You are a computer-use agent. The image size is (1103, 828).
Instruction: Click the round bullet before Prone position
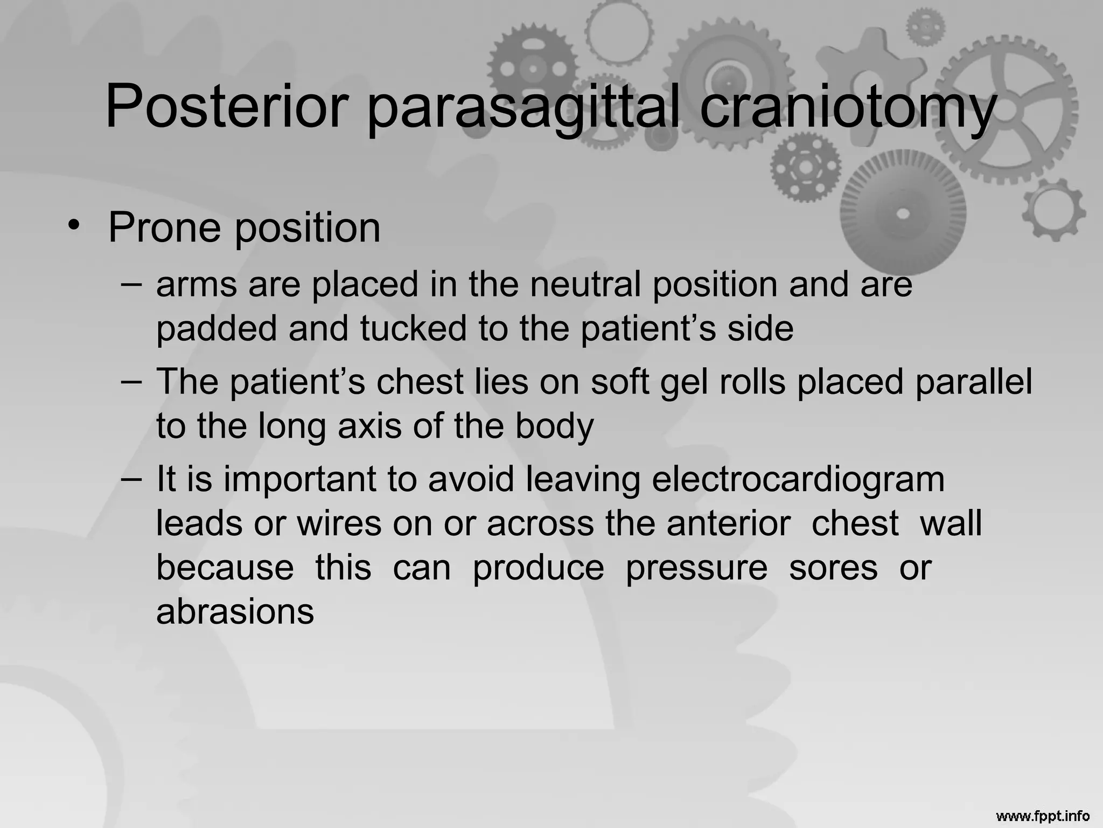tap(74, 226)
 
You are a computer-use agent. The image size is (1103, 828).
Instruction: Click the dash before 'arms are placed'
tap(132, 284)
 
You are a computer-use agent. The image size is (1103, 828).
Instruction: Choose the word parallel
tap(974, 382)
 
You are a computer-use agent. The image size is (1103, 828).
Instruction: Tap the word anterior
tap(729, 523)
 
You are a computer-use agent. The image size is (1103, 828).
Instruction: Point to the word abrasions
tap(235, 612)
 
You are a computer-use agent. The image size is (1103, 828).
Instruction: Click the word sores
tap(833, 568)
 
